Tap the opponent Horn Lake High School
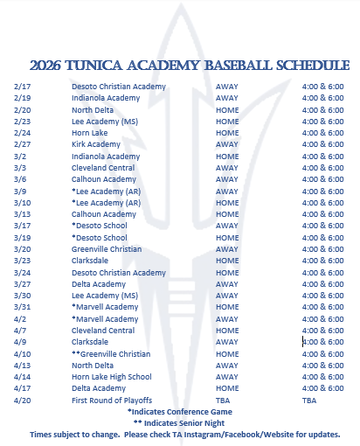click(112, 377)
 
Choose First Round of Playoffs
click(112, 400)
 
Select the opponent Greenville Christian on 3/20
click(107, 249)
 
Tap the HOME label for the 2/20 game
click(227, 110)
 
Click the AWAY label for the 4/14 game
click(227, 377)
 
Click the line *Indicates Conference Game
click(180, 411)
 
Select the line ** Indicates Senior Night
click(180, 422)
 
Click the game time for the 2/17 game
click(322, 87)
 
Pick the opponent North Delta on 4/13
click(93, 366)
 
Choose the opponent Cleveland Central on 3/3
click(103, 168)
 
